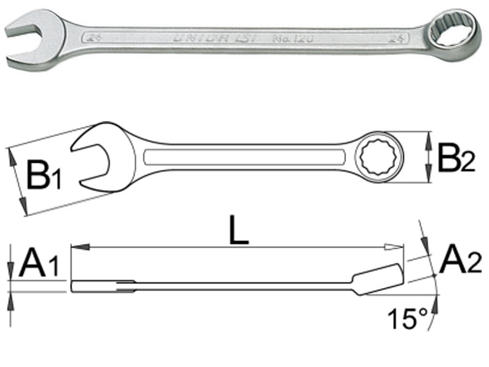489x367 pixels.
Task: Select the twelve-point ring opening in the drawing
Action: [x=381, y=156]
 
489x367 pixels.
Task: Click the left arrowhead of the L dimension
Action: [x=76, y=247]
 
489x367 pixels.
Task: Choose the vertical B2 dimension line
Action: [x=431, y=157]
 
